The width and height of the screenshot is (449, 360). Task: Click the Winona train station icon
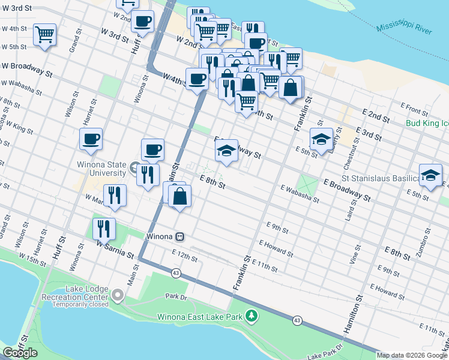[x=179, y=236]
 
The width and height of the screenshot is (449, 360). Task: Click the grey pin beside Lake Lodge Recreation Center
[x=117, y=295]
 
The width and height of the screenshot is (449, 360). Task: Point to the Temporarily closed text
[x=80, y=304]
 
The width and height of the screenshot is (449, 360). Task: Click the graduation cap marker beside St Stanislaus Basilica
[x=430, y=175]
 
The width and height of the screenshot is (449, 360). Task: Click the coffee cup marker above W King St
[x=91, y=139]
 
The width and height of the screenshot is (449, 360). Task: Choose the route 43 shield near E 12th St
[x=176, y=273]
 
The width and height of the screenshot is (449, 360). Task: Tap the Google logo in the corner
[x=20, y=353]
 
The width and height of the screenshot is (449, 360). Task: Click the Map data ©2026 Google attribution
[x=412, y=355]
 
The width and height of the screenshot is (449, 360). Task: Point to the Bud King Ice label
[x=427, y=123]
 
